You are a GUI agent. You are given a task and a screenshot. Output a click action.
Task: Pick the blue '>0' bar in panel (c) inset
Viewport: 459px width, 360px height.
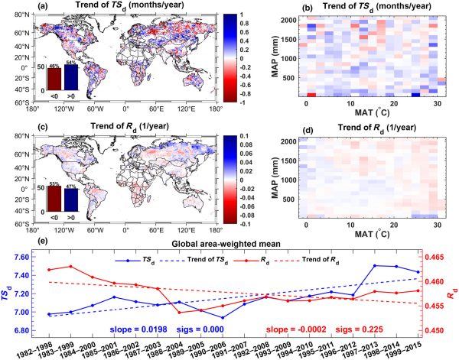[x=71, y=199]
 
